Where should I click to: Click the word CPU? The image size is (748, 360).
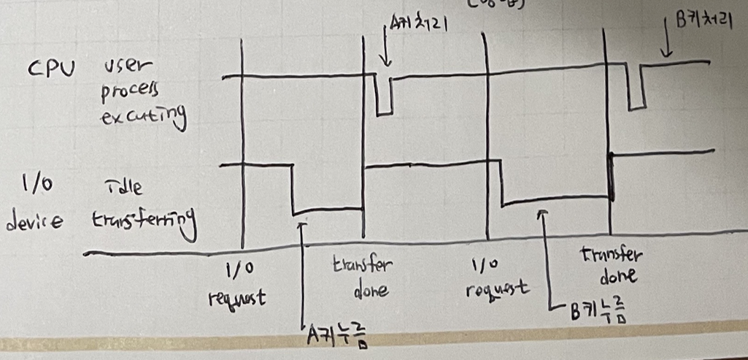click(51, 72)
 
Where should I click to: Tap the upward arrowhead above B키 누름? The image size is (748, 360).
click(542, 214)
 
